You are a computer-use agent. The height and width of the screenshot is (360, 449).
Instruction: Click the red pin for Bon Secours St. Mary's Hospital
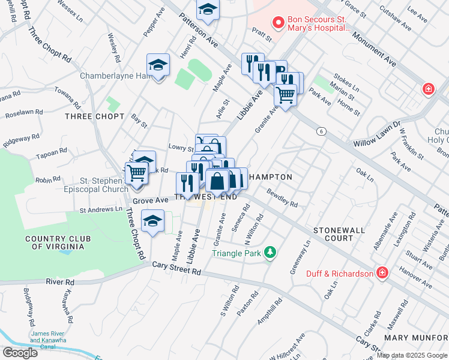point(278,23)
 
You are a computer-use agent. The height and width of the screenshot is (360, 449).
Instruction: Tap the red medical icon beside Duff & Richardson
point(382,274)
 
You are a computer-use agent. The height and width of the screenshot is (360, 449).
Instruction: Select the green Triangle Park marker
point(271,253)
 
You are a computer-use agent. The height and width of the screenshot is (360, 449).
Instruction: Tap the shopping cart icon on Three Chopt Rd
point(136,173)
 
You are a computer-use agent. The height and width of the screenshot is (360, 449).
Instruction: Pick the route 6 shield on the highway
point(322,131)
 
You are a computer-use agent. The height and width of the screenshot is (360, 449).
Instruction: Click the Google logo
point(20,352)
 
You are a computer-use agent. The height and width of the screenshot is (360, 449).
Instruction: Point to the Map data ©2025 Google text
point(411,355)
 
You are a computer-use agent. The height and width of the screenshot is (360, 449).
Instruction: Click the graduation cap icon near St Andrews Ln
point(153,221)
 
